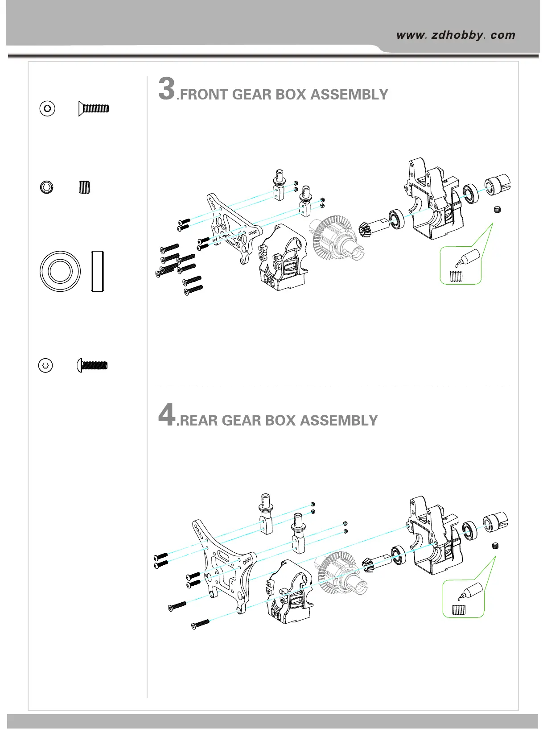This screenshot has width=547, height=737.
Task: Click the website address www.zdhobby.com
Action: click(455, 35)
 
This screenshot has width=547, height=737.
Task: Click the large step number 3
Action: click(167, 89)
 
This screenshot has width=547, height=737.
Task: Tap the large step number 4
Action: click(167, 415)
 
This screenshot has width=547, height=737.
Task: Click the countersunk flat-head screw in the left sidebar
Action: click(94, 108)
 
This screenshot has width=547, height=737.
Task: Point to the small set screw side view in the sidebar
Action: click(84, 187)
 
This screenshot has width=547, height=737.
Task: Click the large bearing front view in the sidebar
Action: click(60, 271)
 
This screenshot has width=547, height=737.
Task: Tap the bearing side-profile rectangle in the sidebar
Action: click(98, 271)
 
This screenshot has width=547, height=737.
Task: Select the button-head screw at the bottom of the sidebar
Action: click(93, 365)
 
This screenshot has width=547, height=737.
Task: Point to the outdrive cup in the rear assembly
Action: click(495, 522)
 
